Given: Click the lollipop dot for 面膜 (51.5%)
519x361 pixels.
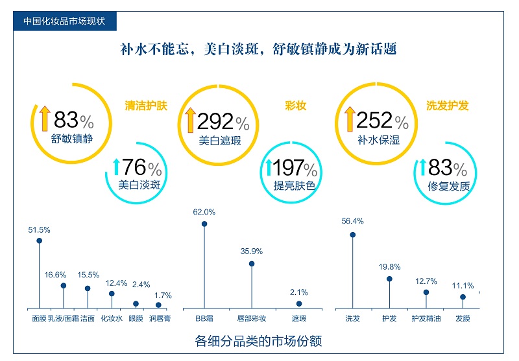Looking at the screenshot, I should coord(39,240).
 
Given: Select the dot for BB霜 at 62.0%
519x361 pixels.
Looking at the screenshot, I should coord(204,224).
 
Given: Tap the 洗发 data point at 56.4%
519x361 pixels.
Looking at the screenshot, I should coord(353,235).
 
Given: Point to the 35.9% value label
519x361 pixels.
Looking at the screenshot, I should coord(252,251).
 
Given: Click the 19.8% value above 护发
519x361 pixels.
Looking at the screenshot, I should coord(390,266).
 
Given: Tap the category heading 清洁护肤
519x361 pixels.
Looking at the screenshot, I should coord(146,106).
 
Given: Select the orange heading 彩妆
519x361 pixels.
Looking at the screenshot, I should coord(296,106).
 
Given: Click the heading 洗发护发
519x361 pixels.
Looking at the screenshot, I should coord(448,106).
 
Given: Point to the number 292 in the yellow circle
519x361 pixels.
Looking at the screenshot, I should coord(214,121).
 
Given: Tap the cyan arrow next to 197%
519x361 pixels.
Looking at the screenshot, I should coord(268,168).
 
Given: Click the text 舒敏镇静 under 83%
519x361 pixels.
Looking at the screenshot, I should coord(71,138).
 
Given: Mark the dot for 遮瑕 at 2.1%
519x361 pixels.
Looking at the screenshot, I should coord(299,303).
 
